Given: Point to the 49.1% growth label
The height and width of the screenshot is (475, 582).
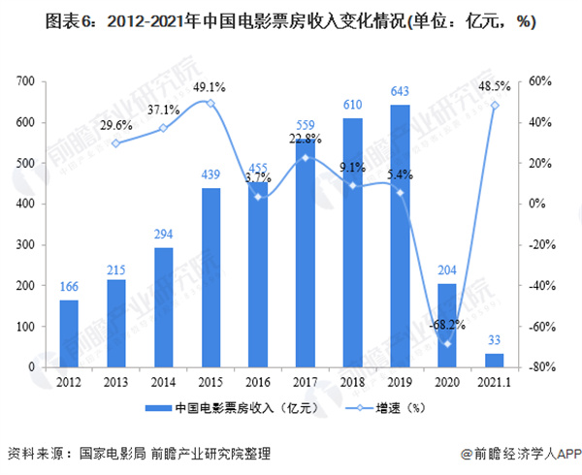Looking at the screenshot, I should (x=210, y=85).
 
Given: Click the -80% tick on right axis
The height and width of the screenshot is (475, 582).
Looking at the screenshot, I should (x=542, y=367).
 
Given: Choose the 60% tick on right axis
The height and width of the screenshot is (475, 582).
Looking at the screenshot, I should (x=540, y=81).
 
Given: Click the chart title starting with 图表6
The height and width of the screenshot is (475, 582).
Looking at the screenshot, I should (x=290, y=22).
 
